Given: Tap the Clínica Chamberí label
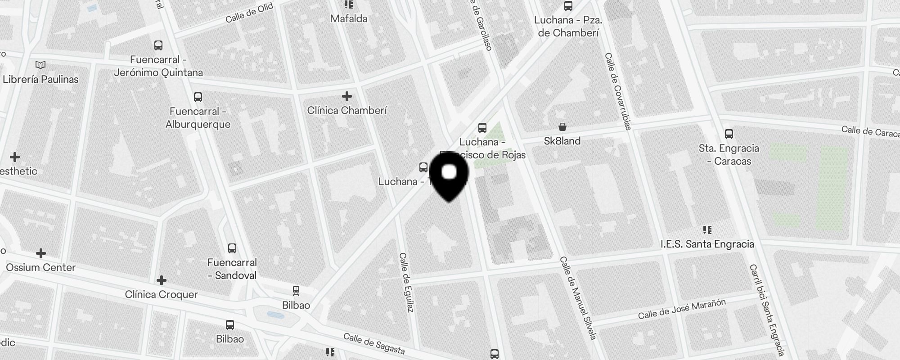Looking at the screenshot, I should point(347,110).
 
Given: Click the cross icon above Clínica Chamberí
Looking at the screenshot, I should point(347,96).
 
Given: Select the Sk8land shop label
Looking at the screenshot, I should point(562,141).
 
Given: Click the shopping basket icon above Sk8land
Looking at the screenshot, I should point(562,127).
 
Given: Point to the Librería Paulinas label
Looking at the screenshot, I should point(40,79).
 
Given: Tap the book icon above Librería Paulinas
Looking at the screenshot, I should point(40,65).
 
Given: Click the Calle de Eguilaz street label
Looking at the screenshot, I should point(406,283).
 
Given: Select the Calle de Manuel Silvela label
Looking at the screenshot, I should point(578,298).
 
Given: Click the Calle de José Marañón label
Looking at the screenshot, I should point(682,309).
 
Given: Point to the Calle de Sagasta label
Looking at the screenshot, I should point(374,344).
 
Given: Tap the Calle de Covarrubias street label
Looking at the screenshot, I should point(618,91).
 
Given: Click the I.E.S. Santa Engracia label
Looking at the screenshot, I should point(707,244).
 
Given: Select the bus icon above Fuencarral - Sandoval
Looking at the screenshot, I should point(232,248).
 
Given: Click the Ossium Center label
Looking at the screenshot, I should point(40,267).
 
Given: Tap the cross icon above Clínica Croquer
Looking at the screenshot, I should point(162,281).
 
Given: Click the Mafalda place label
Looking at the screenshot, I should point(349,18).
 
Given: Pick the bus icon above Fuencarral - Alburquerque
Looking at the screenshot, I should point(198,97).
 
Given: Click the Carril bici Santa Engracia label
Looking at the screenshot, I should point(767,309).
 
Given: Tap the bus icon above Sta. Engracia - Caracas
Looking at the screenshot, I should point(729,134).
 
